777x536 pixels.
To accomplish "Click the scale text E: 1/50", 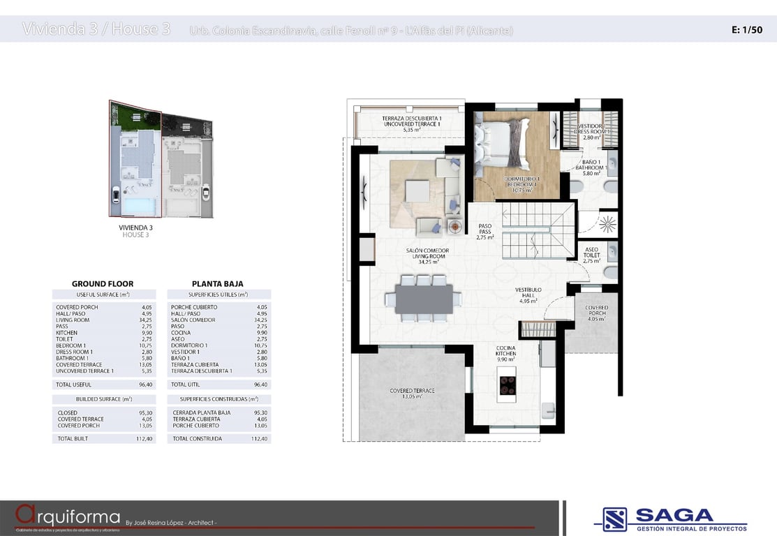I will tap(746, 30).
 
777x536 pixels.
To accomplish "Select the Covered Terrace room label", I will tap(412, 393).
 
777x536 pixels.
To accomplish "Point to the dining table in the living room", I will tap(424, 299).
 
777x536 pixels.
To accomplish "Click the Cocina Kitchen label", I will tap(506, 353).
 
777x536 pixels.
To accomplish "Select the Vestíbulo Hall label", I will tap(528, 295).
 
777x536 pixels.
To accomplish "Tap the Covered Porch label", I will tap(596, 313).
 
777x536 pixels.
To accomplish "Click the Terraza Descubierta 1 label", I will tap(412, 124).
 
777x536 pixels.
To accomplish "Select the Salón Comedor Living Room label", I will tap(429, 255).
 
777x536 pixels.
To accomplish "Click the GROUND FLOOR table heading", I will tap(103, 284).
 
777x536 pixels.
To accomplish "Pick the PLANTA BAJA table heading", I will tap(218, 284).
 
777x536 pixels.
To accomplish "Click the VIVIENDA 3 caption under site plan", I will tap(135, 228).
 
